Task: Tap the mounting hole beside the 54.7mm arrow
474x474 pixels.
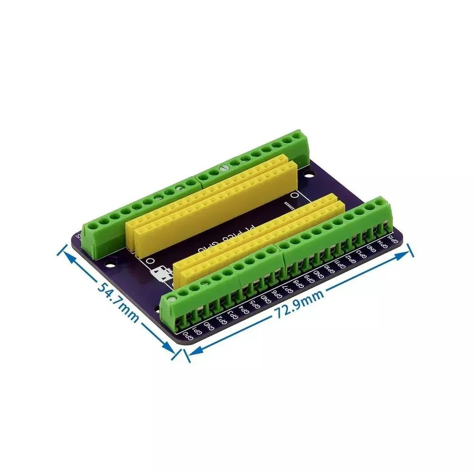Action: [112, 261]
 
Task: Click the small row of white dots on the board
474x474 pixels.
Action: [289, 206]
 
